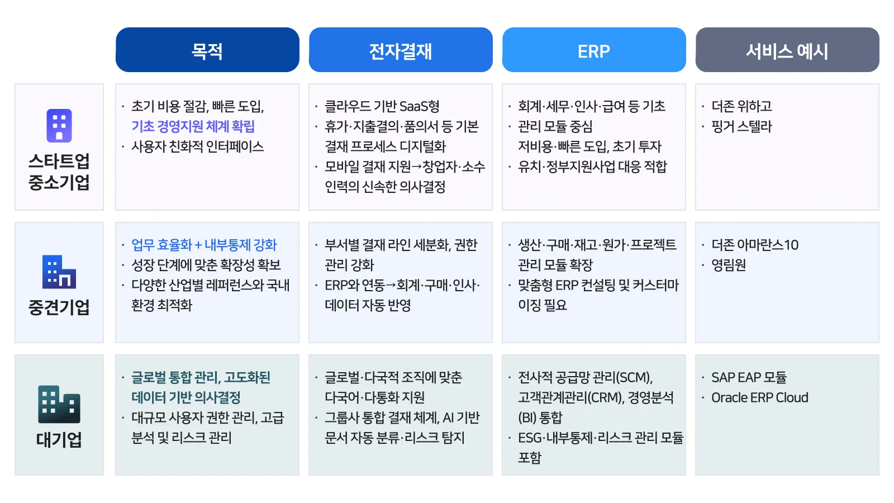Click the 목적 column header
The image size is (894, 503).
click(207, 50)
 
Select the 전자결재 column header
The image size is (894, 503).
click(400, 50)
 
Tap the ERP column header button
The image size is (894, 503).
click(594, 50)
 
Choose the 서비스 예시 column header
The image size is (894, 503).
click(787, 50)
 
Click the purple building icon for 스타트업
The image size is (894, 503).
click(59, 126)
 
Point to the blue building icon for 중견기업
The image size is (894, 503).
click(59, 272)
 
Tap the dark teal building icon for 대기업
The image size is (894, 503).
click(59, 405)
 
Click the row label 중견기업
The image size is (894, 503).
click(59, 307)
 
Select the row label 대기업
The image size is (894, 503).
click(59, 440)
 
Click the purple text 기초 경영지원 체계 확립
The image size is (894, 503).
click(193, 126)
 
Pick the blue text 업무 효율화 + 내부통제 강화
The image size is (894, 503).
click(204, 245)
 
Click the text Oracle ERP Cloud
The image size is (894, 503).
click(759, 397)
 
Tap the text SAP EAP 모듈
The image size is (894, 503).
click(749, 377)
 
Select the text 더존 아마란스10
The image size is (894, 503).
click(755, 245)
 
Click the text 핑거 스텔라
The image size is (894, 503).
click(741, 126)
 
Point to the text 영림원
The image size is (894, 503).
click(729, 265)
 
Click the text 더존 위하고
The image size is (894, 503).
click(741, 106)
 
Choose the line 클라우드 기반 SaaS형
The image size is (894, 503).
click(382, 106)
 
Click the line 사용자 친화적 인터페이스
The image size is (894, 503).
click(198, 146)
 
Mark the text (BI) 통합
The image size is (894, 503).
click(540, 417)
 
